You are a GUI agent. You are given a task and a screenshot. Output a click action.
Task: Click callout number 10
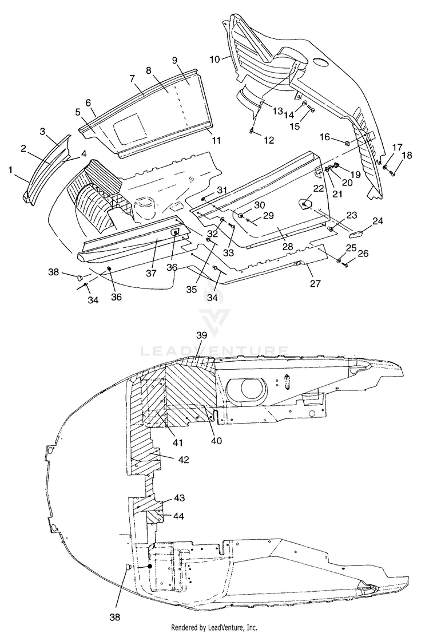coord(214,60)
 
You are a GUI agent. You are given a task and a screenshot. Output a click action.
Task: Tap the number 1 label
coord(10,170)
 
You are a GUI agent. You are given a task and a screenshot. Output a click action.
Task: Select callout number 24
coord(378,221)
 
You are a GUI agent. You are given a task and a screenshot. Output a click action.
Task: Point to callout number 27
coord(315,284)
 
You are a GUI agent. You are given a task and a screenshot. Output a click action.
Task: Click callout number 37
coord(151,274)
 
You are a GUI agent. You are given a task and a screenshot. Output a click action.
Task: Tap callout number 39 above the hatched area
coord(201,335)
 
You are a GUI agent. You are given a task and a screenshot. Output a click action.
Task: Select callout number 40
coord(216,441)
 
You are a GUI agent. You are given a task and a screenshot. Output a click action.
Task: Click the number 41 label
coord(177,443)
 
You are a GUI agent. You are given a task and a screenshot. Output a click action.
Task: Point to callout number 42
coord(184,460)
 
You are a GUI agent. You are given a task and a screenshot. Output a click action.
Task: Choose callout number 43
coord(180,498)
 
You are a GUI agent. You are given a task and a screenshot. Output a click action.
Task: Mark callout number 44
coord(179,516)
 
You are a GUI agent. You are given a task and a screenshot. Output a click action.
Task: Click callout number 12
coord(269,140)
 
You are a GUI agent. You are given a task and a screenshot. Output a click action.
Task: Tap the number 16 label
coord(325,137)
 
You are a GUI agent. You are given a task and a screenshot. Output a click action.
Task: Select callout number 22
coord(319,188)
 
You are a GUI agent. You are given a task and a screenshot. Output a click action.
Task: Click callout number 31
coord(223,190)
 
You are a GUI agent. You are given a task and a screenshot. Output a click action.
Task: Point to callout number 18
coord(407,155)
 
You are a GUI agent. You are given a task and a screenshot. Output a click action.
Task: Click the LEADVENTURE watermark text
coord(214,350)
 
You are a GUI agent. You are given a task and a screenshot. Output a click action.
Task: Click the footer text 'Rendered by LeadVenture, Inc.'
coord(214,627)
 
